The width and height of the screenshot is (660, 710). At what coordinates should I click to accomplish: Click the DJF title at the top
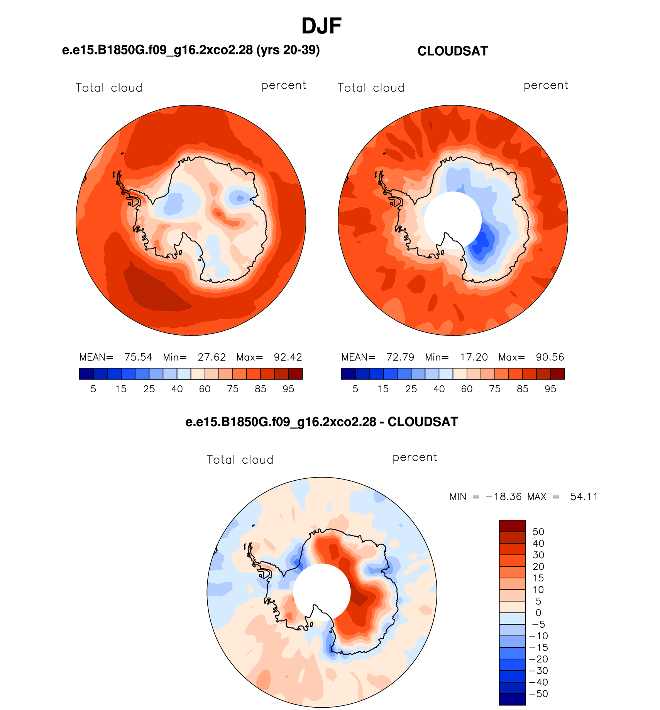point(322,26)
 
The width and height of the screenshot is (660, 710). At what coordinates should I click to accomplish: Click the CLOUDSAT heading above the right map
point(453,51)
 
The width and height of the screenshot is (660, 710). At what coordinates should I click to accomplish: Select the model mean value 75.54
point(138,357)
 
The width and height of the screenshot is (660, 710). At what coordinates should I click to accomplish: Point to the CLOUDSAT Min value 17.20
point(474,357)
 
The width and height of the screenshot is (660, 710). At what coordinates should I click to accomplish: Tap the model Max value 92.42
point(288,357)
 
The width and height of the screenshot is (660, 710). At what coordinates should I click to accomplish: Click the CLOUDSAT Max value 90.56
point(550,357)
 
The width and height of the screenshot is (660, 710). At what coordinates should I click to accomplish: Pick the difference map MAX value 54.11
point(584,496)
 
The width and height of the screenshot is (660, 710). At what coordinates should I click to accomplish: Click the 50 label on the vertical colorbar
point(538,532)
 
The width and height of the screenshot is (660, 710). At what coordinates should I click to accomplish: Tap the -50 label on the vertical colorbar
point(539,694)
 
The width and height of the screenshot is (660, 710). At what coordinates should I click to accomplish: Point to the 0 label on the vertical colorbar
point(538,613)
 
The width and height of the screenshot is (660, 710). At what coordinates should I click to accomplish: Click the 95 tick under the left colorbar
point(288,389)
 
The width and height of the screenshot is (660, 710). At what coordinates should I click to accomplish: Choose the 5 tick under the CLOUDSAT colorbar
point(355,389)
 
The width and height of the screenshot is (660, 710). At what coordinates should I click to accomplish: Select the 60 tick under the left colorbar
point(205,389)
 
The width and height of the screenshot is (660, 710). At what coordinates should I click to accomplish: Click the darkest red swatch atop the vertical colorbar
point(512,526)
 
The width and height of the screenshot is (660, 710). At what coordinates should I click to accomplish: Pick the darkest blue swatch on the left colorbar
point(86,374)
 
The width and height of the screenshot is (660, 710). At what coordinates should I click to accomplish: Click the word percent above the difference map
point(415,458)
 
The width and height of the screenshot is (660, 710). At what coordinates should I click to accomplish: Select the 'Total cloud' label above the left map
point(109,88)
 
